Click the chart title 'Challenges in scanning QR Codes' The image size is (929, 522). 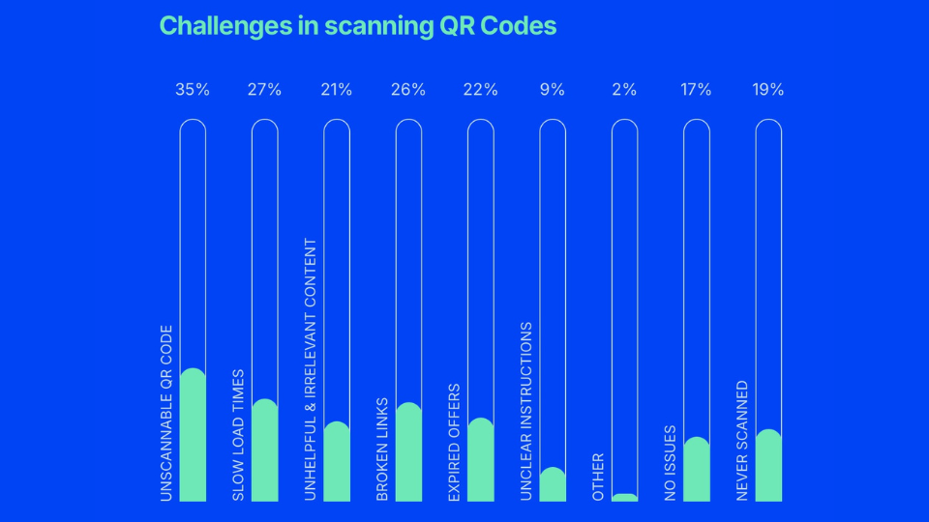357,25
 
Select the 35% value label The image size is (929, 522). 193,90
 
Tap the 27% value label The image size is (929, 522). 264,90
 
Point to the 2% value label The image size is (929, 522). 624,90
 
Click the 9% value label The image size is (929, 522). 553,90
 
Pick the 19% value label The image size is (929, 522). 767,90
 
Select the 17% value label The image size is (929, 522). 696,90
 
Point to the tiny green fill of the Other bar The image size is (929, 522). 624,498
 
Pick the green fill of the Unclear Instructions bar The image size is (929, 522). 553,486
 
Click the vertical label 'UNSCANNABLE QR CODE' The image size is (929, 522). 165,413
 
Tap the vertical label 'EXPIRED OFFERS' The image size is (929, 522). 454,443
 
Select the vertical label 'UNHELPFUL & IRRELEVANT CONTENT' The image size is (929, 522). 311,369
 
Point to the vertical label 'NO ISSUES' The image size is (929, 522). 670,463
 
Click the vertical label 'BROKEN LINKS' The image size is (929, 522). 382,449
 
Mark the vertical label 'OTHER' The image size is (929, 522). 598,477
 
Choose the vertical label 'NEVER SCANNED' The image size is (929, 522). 742,441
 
